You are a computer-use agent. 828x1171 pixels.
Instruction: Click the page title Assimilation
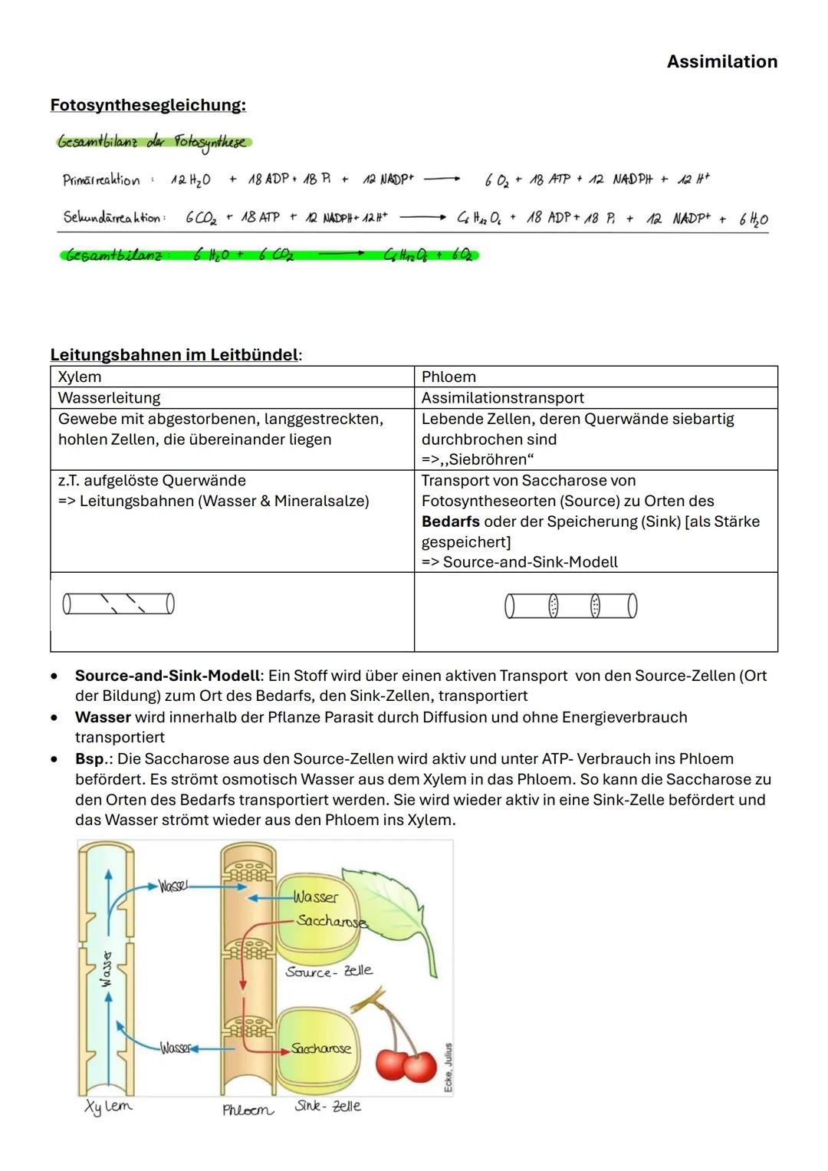click(721, 61)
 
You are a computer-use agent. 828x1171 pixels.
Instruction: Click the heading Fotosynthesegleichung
click(148, 105)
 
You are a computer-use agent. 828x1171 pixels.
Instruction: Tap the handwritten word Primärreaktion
click(101, 180)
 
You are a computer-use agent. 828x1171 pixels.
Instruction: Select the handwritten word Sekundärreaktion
click(113, 218)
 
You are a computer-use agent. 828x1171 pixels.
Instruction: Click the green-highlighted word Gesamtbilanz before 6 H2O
click(115, 255)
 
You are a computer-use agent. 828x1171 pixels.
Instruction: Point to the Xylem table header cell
click(80, 377)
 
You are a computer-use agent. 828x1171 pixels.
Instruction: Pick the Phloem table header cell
click(449, 377)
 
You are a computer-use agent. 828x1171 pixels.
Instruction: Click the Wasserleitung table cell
click(110, 397)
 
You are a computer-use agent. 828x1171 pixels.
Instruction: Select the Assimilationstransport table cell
click(502, 397)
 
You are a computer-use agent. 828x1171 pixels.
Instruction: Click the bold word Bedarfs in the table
click(450, 521)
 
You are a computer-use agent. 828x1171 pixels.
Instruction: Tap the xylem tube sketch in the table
click(118, 604)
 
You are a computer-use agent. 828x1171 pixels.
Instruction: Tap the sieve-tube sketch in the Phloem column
click(571, 606)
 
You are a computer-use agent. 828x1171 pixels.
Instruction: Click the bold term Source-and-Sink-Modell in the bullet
click(167, 676)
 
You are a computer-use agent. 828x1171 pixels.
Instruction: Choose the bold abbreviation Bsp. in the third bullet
click(90, 758)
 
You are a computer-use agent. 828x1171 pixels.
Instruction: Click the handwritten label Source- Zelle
click(329, 971)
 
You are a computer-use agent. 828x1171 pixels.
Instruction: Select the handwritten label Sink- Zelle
click(327, 1107)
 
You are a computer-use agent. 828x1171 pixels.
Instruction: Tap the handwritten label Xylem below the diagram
click(108, 1107)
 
